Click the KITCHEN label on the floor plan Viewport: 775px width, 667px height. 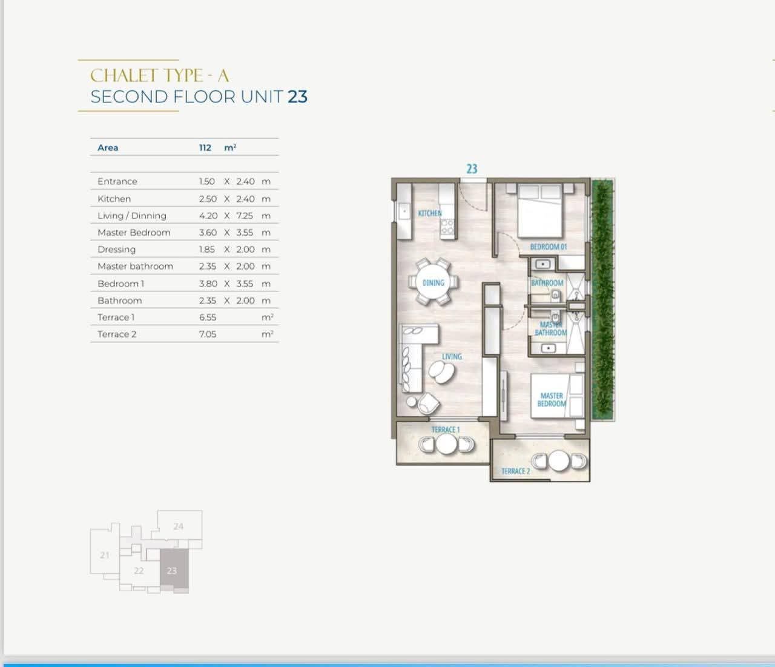click(x=430, y=213)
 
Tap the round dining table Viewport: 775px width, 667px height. click(x=433, y=282)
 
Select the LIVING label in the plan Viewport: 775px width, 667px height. click(x=452, y=356)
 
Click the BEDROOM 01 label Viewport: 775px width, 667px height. click(x=548, y=247)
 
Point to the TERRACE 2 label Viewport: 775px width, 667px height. click(x=515, y=471)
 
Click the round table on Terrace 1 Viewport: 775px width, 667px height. click(x=446, y=444)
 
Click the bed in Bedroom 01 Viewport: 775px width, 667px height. click(x=539, y=210)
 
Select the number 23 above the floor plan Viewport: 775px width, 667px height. click(x=472, y=169)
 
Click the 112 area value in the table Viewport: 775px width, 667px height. click(x=205, y=147)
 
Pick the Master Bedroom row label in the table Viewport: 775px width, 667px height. click(x=134, y=233)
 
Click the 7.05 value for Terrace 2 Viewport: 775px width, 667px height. click(x=207, y=334)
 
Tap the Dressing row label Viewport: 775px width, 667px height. click(x=117, y=250)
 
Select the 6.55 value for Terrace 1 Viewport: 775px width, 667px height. click(x=207, y=317)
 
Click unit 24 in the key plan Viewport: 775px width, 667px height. click(x=179, y=526)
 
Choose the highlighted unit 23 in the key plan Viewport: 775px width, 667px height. click(x=174, y=570)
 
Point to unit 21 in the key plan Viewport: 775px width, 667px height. click(x=105, y=555)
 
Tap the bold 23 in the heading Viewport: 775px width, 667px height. click(x=298, y=97)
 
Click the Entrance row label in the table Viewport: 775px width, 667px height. click(x=117, y=182)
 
